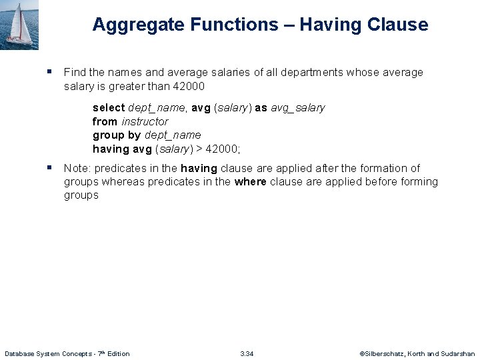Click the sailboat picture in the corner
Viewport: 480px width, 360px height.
[x=19, y=25]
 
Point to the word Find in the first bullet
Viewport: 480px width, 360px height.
[x=74, y=72]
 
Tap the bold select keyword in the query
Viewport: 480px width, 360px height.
[x=109, y=107]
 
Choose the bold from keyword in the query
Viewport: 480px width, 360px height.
[x=105, y=121]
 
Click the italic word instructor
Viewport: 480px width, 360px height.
[x=145, y=121]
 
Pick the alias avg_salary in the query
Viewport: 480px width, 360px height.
[x=297, y=107]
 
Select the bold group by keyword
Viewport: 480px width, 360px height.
[x=117, y=135]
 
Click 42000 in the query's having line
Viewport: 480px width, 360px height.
[x=223, y=149]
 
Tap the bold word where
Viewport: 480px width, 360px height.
[x=250, y=181]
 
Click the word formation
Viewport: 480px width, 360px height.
[x=379, y=168]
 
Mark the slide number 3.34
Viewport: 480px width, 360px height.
[x=247, y=353]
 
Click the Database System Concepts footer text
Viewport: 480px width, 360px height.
[x=67, y=353]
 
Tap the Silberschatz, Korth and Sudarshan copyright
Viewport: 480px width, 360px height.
[x=417, y=353]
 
